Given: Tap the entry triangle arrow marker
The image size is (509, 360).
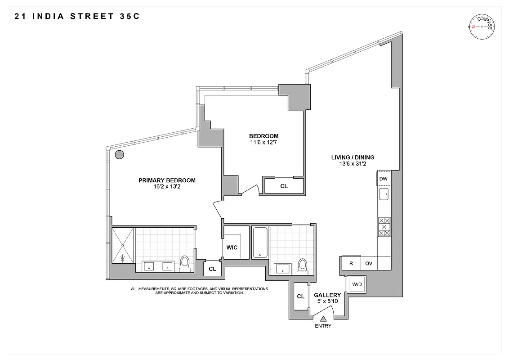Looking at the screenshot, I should coord(323,318).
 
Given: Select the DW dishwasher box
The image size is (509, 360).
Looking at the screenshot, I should coord(384,179).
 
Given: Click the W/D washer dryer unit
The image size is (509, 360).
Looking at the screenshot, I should coord(357,284).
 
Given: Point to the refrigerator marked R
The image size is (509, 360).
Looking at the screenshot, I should coord(351,263).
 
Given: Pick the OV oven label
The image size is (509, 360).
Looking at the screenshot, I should coord(369,263).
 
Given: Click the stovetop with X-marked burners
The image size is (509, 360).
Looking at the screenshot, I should coord(384,227).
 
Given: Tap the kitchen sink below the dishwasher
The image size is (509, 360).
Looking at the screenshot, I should coord(384,195).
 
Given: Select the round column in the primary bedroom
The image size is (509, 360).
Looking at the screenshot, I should coord(119,155).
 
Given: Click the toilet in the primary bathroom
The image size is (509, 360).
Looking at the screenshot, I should coord(185,263).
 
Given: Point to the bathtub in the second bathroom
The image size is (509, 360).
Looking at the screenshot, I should coord(259,243).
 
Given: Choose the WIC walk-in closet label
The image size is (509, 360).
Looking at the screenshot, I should coord(232,247).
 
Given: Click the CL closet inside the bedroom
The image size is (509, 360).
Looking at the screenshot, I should coord(284,186).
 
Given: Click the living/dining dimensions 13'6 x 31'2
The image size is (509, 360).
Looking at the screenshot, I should coord(353,164).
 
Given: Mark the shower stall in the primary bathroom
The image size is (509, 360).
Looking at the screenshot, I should coord(123,245).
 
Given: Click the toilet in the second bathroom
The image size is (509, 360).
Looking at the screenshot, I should coord(302,265).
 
